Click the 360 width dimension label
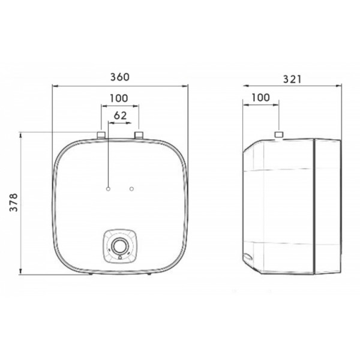point(120,77)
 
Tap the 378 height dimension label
point(14,203)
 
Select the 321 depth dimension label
point(292,79)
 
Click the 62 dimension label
point(121,116)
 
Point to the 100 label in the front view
point(119,98)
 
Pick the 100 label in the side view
point(261,98)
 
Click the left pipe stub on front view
point(101,135)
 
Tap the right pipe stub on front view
point(139,135)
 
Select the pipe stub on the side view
point(279,135)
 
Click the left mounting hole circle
point(109,189)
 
